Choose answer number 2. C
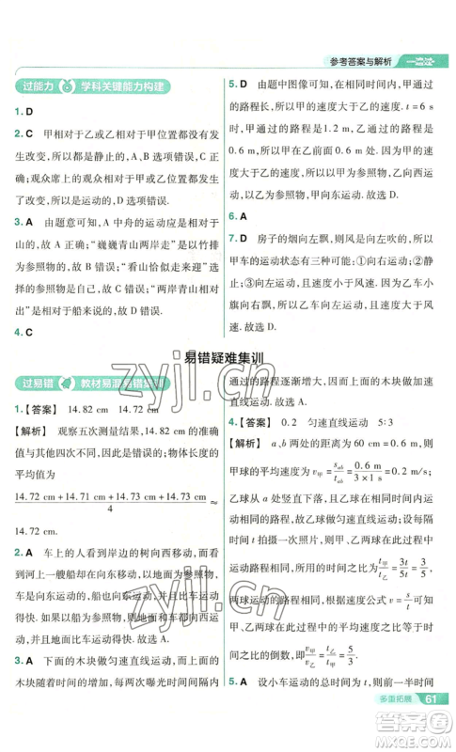(24, 134)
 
